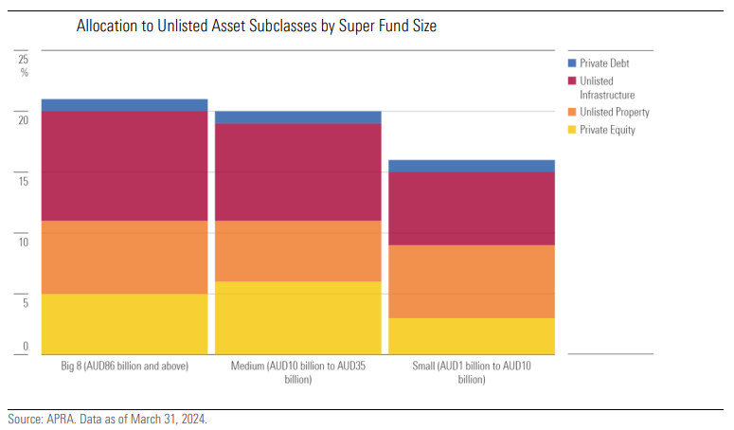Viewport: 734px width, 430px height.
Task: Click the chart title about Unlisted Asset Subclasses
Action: click(x=256, y=27)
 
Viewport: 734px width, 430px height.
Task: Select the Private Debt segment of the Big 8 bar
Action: click(x=124, y=105)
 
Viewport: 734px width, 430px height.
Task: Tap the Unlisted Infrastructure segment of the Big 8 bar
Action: click(x=124, y=166)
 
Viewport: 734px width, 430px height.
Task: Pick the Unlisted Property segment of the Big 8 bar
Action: click(x=124, y=257)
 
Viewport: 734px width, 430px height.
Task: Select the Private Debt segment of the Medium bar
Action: click(x=297, y=117)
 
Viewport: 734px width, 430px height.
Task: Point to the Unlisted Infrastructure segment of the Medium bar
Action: click(x=297, y=171)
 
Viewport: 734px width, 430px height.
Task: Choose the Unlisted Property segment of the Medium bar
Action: click(x=297, y=251)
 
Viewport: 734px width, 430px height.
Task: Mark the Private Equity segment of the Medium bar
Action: click(x=297, y=317)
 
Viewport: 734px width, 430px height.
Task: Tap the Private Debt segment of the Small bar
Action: click(x=472, y=166)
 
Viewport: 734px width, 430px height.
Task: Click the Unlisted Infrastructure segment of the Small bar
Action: click(x=472, y=208)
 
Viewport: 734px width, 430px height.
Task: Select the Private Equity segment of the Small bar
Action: click(x=472, y=335)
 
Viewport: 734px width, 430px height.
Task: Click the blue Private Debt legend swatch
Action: click(x=572, y=63)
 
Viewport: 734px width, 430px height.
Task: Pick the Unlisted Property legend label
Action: click(x=614, y=112)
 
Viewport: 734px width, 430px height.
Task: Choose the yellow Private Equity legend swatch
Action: click(x=572, y=130)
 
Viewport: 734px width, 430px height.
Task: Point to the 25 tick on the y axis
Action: click(x=24, y=59)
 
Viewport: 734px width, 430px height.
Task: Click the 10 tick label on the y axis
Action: click(x=24, y=242)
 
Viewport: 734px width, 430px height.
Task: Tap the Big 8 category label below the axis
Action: click(x=124, y=366)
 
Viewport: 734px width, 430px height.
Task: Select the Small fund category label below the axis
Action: click(x=472, y=372)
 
